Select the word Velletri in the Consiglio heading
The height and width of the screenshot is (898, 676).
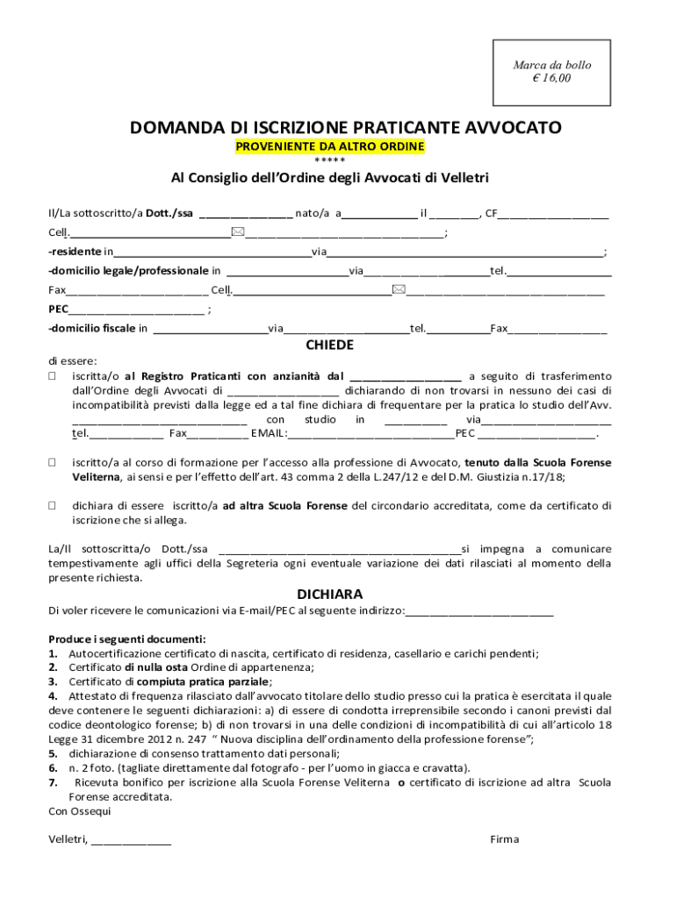(x=457, y=178)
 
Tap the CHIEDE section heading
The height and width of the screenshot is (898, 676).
(x=329, y=345)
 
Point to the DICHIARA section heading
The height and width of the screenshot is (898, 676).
(x=329, y=594)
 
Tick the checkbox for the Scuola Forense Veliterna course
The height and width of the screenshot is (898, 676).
(x=52, y=462)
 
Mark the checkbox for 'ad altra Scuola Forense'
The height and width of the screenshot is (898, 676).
(x=52, y=506)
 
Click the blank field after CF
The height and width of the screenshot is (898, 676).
(x=554, y=213)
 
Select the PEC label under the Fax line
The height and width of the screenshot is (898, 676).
(x=58, y=309)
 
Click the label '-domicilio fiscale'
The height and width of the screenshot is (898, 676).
(x=91, y=329)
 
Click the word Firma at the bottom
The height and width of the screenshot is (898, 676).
(x=505, y=839)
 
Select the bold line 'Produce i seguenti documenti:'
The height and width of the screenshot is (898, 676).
(x=127, y=638)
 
